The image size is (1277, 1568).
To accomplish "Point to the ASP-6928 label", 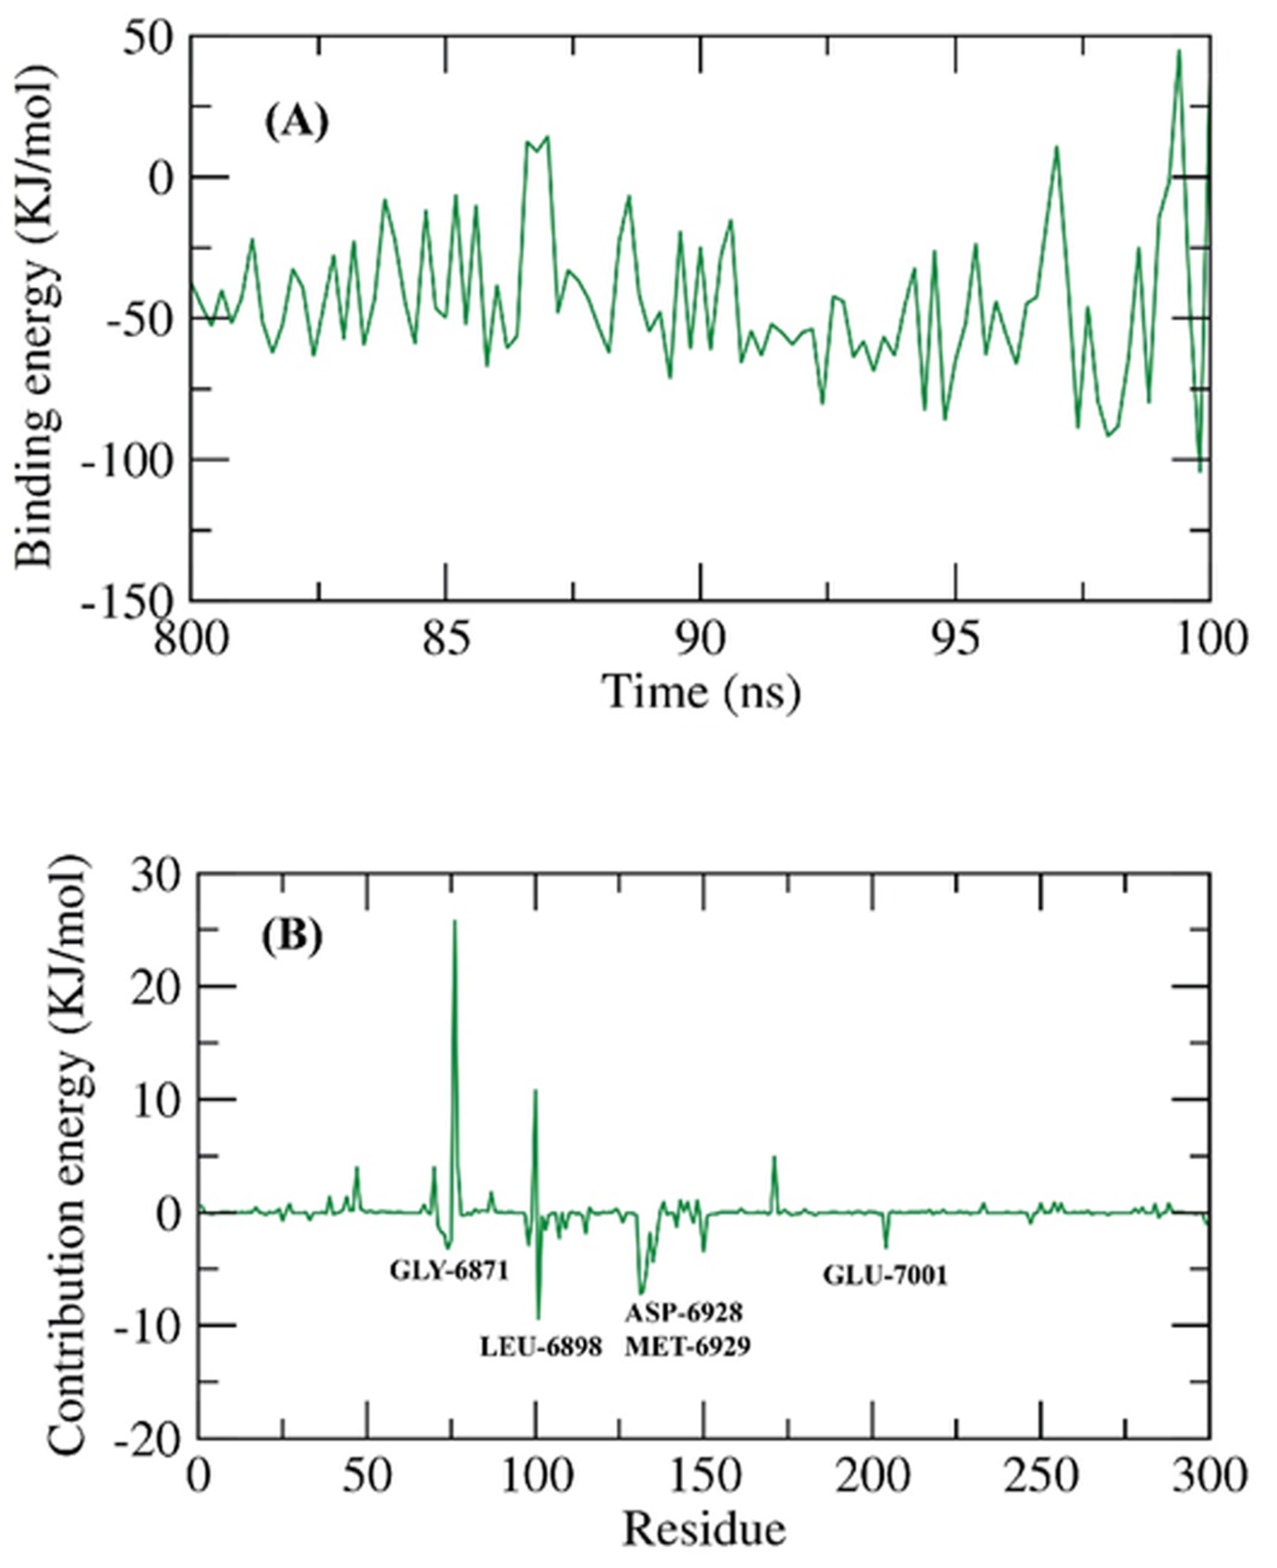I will click(684, 1312).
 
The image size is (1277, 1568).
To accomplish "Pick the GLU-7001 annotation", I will click(885, 1276).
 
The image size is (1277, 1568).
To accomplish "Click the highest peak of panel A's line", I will click(1178, 52).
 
